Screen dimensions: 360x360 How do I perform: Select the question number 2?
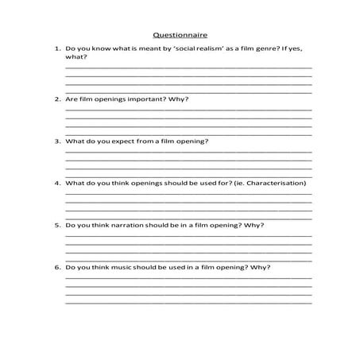57,99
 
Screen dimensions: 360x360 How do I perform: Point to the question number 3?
57,141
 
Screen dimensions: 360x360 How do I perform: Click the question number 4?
57,184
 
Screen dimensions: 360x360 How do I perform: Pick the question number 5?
57,225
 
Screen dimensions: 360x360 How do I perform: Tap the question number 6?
57,267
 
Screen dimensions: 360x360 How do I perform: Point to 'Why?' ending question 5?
253,225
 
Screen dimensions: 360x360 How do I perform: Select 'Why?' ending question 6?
260,267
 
